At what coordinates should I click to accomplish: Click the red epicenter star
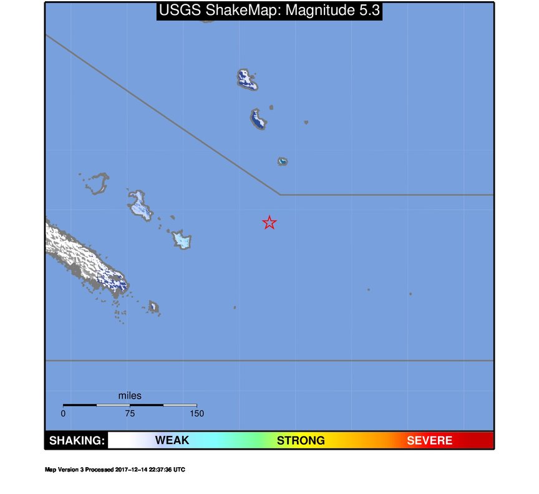[269, 223]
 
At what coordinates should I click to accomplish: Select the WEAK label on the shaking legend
[172, 440]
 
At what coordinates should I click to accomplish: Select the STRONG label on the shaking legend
[301, 440]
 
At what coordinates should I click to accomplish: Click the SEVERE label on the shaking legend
[429, 440]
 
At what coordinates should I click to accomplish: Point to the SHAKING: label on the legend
[77, 440]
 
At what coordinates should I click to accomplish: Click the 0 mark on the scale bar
[63, 413]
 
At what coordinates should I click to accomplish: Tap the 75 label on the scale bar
[130, 413]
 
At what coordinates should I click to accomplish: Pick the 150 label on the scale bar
[197, 413]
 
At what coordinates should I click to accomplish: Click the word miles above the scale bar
[130, 395]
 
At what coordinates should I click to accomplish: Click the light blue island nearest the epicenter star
[182, 240]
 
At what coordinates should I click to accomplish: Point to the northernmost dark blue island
[248, 79]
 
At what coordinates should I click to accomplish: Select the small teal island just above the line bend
[283, 162]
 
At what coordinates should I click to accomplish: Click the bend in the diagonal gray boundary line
[279, 195]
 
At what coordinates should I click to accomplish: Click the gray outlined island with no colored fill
[97, 184]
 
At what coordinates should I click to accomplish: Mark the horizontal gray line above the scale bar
[268, 361]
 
